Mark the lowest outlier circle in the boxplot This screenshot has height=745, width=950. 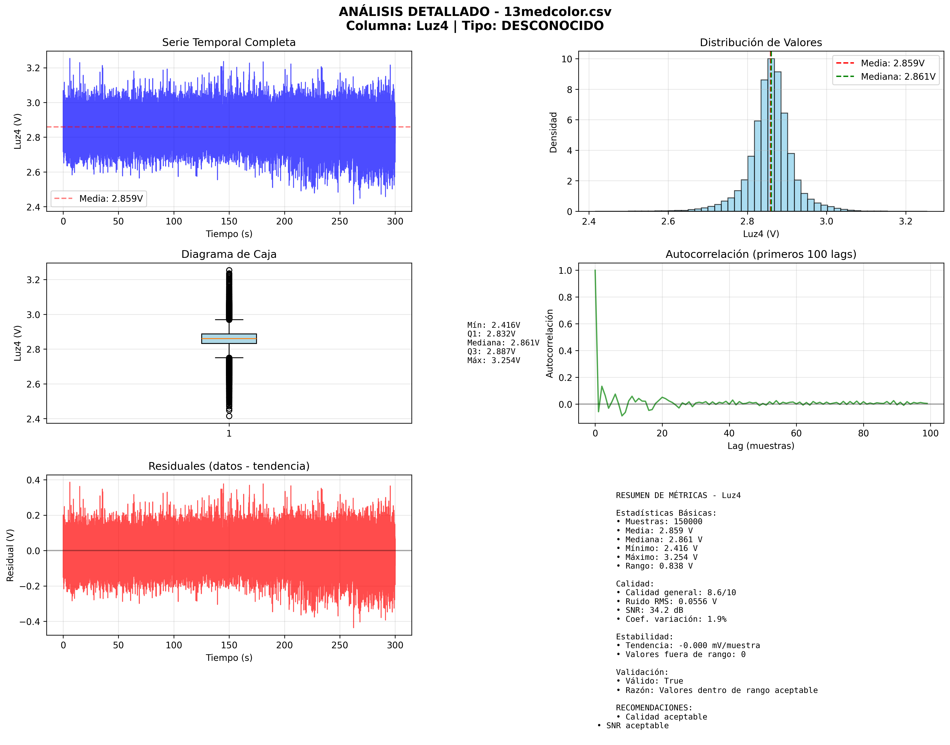229,416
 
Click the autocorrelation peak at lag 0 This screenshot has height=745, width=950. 595,270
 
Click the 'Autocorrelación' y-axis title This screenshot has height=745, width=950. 550,343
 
